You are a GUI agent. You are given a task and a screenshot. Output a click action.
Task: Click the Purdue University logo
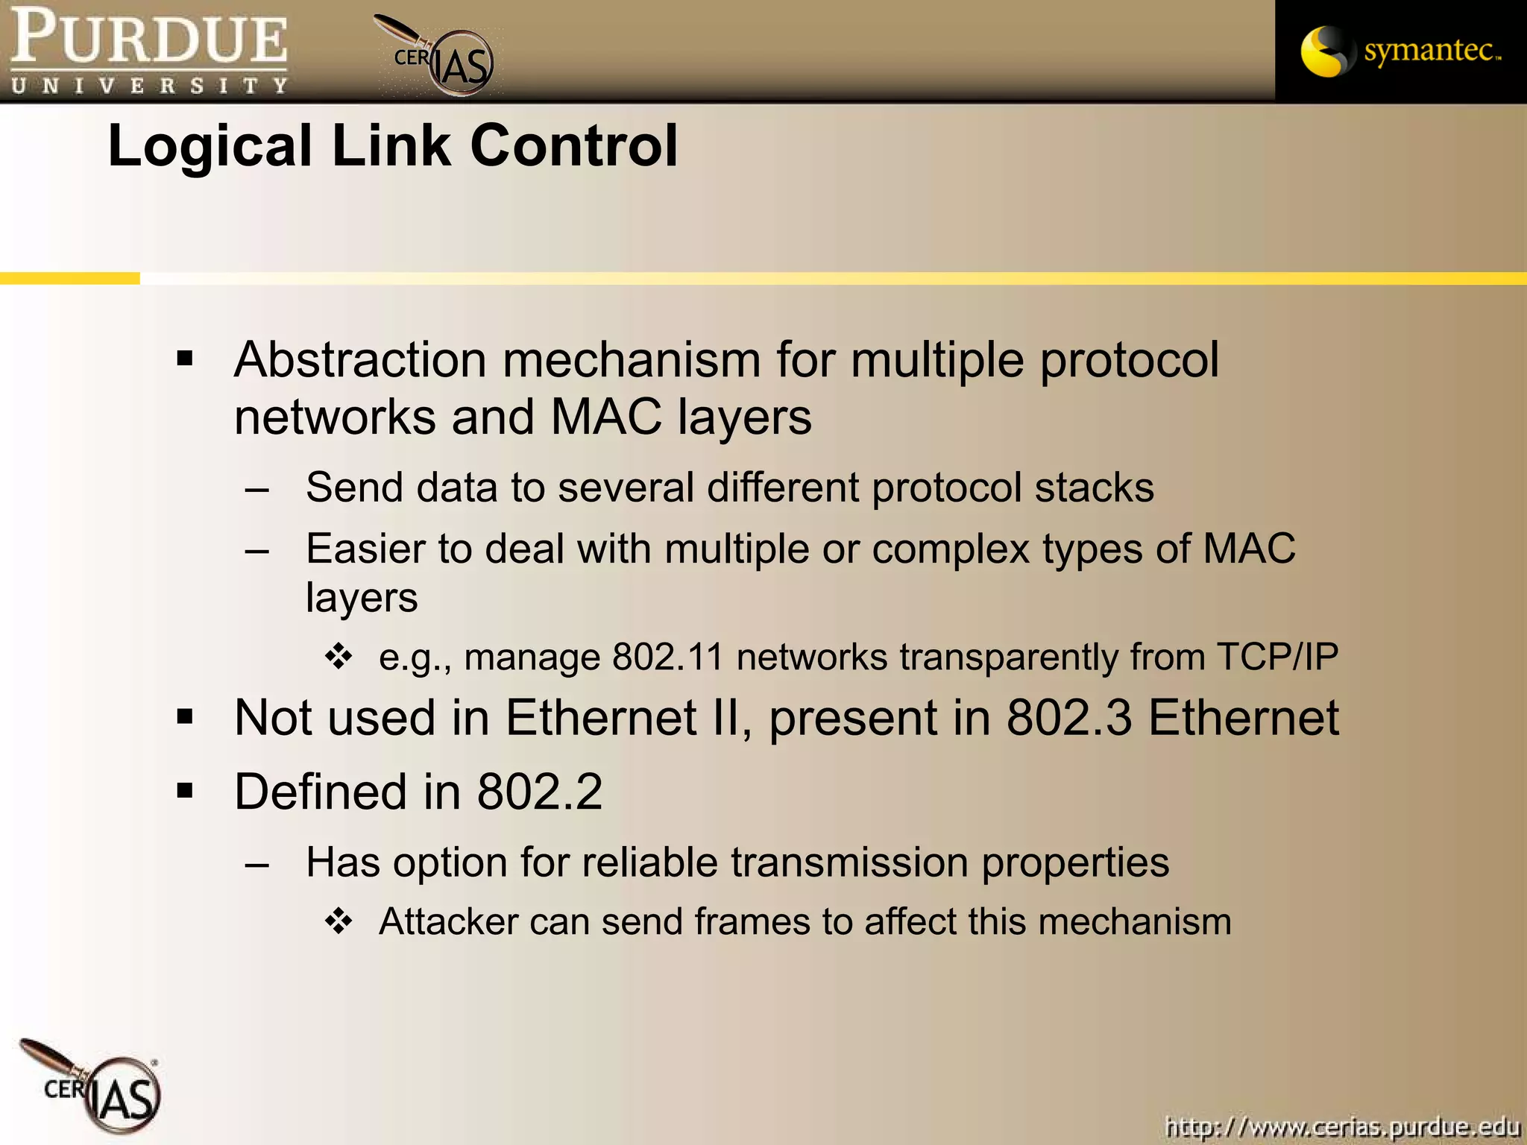point(149,51)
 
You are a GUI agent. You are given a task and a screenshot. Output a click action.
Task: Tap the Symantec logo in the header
point(1400,51)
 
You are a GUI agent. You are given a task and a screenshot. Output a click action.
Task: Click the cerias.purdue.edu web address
point(1342,1126)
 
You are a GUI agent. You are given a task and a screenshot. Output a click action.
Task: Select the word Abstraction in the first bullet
point(361,359)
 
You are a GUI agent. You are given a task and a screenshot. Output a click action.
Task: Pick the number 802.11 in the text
point(668,657)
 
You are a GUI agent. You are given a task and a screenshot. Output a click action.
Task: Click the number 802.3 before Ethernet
point(1069,717)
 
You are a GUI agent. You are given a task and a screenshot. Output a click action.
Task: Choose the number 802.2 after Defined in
point(540,791)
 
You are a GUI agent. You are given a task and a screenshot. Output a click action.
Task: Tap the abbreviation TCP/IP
point(1277,657)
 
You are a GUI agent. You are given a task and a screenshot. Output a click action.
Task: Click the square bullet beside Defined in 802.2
point(185,790)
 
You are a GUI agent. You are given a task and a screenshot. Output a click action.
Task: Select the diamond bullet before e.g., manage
point(339,657)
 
